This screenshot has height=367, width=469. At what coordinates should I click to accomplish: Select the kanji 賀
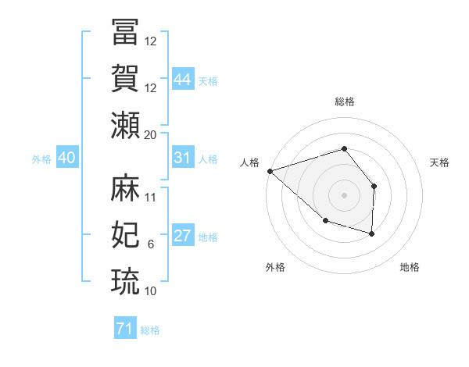coord(125,78)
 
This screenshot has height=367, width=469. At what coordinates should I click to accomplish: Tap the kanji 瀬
coord(125,125)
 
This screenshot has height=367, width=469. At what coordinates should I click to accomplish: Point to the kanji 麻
coord(125,187)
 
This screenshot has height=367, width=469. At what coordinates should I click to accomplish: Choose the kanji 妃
coord(125,234)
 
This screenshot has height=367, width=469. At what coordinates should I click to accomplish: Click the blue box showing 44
coord(183,80)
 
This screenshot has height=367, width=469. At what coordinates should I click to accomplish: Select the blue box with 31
coord(183,158)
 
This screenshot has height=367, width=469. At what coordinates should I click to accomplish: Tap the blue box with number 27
coord(183,236)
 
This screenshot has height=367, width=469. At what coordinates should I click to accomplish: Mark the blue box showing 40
coord(66,158)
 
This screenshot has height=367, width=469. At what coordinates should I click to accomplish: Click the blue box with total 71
coord(124,329)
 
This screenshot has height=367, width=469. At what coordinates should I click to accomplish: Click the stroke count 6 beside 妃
coord(150,244)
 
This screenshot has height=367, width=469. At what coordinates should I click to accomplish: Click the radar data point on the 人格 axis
coord(269,170)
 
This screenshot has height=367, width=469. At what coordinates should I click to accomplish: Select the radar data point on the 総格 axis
coord(344,148)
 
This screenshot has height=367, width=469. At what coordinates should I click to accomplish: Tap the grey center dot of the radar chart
coord(344,194)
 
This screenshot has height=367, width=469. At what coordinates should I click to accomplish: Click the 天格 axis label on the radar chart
coord(440,162)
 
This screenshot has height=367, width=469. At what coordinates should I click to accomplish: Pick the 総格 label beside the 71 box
coord(150,330)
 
